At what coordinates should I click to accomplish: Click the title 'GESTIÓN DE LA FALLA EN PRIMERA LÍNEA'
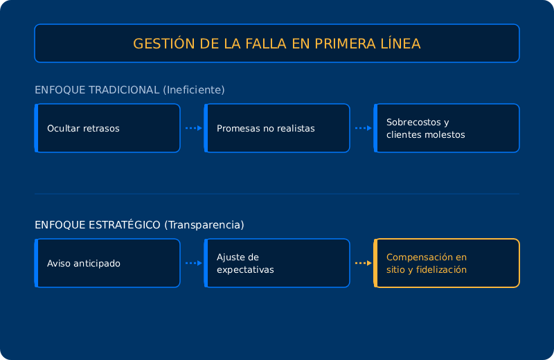point(276,44)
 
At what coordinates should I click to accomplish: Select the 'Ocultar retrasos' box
point(107,128)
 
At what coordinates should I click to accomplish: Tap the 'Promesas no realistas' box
point(277,128)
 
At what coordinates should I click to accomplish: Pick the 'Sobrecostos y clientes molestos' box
point(447,128)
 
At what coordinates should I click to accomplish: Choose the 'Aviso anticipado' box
point(107,263)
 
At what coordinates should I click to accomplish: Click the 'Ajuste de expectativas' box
point(277,263)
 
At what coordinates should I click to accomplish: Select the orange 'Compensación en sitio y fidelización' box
point(447,263)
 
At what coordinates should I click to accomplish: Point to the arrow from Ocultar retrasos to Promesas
point(194,128)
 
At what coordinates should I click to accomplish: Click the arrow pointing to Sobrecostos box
point(363,128)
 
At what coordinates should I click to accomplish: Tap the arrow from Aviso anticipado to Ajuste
point(194,263)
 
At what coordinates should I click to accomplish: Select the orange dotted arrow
point(363,263)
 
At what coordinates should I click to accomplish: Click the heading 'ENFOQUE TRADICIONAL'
point(97,90)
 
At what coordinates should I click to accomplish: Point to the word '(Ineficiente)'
point(194,90)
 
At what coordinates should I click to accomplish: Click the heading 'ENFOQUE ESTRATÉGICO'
point(98,225)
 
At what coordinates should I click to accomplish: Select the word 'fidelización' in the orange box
point(441,269)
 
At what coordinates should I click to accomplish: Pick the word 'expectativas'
point(245,270)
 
